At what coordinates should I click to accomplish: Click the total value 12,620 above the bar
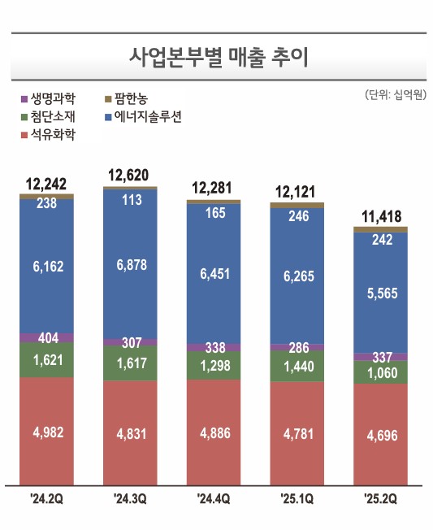pyautogui.click(x=131, y=175)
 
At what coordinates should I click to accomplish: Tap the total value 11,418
pyautogui.click(x=380, y=217)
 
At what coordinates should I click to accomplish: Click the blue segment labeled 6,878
pyautogui.click(x=131, y=264)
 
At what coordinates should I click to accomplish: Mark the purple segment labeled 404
pyautogui.click(x=47, y=337)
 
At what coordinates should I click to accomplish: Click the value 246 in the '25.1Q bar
pyautogui.click(x=297, y=216)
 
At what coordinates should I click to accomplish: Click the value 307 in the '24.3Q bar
pyautogui.click(x=131, y=343)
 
